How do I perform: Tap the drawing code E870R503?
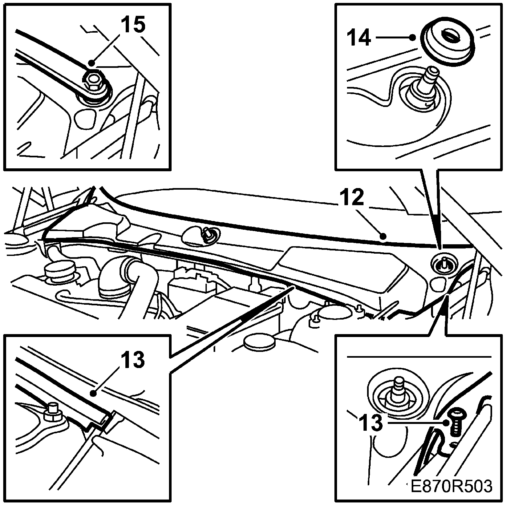(x=451, y=495)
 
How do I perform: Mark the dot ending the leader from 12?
(x=383, y=237)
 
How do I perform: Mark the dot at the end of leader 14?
(x=412, y=37)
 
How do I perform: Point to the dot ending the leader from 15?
(x=91, y=63)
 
